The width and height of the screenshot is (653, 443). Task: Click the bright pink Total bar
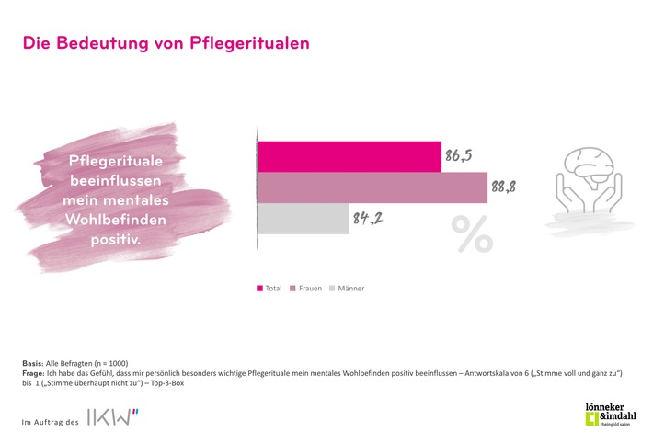pos(349,157)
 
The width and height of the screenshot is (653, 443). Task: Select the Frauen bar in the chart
pos(372,187)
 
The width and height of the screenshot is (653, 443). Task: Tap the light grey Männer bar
pos(303,219)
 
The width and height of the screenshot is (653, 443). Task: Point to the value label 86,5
pos(459,156)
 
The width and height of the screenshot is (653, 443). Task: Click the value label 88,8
pos(503,187)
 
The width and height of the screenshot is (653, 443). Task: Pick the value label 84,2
pos(366,219)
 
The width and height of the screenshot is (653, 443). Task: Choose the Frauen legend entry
pos(305,289)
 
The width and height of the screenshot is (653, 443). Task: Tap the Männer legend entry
pos(349,289)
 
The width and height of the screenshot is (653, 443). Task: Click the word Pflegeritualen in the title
pos(246,43)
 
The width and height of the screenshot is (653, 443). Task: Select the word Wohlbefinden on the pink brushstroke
pos(111,219)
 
